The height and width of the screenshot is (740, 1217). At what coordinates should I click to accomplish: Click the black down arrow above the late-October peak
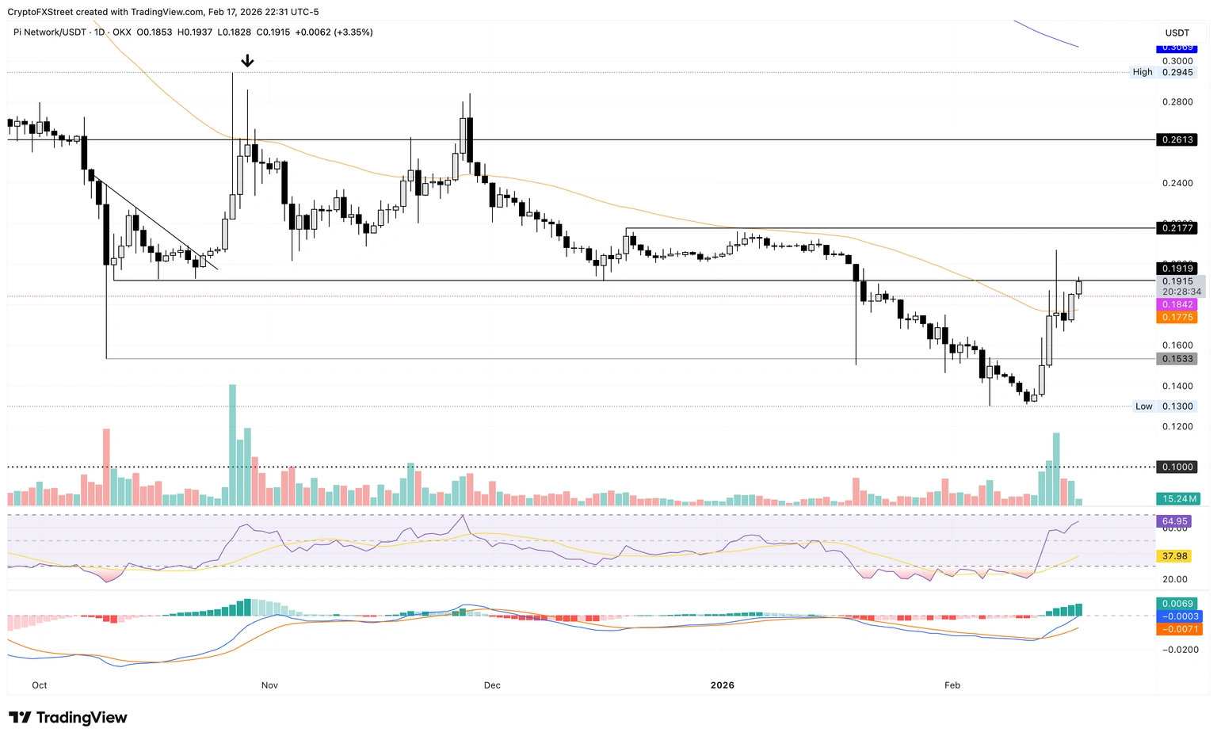247,61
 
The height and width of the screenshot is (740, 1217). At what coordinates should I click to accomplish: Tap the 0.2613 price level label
1177,139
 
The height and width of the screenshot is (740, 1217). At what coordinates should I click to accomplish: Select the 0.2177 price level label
1177,228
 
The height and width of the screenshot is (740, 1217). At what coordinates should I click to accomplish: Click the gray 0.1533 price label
1177,359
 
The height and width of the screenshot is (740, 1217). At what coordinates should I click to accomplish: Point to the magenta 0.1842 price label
1177,304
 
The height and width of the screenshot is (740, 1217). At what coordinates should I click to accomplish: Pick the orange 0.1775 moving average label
1177,318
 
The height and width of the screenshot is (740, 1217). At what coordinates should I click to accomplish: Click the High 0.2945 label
1162,72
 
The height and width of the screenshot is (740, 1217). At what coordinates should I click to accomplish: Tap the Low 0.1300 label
1164,406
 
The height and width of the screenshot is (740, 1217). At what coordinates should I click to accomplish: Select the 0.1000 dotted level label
1177,467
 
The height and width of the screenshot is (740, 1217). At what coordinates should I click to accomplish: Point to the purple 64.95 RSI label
1174,521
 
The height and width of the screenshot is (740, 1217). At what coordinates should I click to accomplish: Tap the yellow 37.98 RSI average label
1174,556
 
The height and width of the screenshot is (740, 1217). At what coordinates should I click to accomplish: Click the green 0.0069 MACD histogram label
1177,604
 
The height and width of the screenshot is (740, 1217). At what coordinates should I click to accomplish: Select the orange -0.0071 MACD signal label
1177,629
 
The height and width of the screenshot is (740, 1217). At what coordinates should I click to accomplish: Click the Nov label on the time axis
269,685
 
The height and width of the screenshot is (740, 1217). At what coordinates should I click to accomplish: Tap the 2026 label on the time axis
723,685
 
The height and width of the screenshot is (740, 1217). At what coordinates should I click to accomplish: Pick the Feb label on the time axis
952,685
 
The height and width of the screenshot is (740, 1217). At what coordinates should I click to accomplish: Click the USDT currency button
1177,32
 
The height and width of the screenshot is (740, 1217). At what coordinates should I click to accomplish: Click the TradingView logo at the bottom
68,718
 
